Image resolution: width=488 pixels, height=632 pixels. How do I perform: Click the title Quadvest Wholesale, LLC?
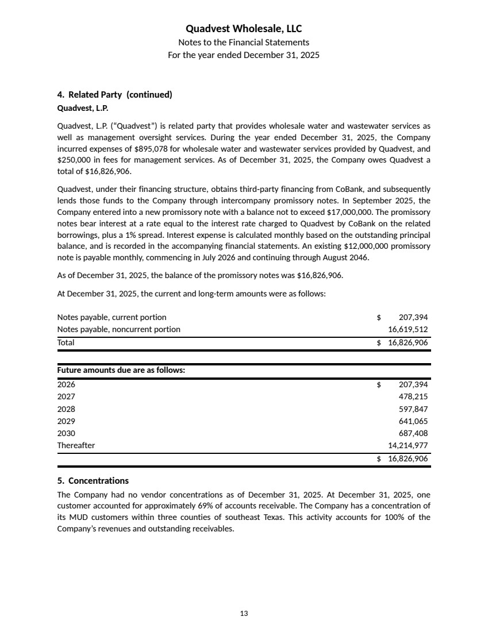click(x=244, y=29)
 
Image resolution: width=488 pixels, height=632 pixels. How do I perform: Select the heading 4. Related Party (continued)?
click(x=114, y=94)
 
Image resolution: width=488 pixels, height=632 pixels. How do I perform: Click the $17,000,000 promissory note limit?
click(x=347, y=211)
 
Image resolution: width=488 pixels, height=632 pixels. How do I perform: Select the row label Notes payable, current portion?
click(x=112, y=317)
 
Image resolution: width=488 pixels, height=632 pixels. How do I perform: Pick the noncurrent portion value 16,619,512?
click(x=408, y=329)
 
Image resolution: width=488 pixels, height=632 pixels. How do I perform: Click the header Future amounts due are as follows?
click(x=121, y=371)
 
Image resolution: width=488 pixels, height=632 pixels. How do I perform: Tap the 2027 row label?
click(x=66, y=396)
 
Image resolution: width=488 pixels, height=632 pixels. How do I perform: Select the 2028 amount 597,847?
click(x=413, y=409)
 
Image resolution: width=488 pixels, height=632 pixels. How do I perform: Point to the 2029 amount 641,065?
click(x=413, y=421)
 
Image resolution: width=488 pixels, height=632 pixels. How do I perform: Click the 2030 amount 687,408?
click(x=413, y=433)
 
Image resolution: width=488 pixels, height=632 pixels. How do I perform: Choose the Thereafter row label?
click(x=76, y=445)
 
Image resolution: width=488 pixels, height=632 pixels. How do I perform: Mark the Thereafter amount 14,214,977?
click(x=408, y=445)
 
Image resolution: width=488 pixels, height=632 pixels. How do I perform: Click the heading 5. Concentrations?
click(x=93, y=480)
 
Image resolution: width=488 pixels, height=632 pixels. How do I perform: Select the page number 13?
click(x=244, y=614)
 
